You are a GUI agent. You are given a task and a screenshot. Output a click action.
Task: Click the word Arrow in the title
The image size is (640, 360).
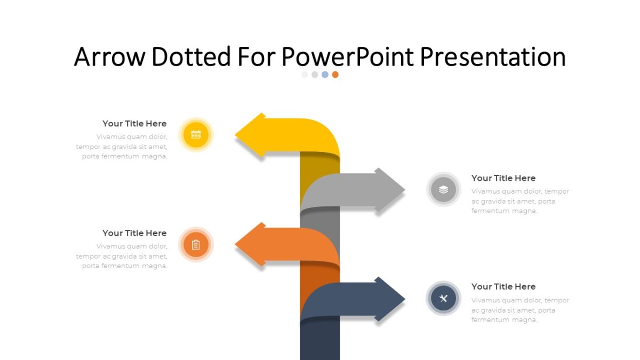[109, 57]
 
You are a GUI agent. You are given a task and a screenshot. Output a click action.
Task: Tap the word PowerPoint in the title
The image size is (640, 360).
[347, 57]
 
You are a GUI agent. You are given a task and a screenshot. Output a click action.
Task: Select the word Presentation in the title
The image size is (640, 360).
[493, 57]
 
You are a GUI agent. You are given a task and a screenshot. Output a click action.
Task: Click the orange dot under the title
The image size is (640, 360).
[335, 75]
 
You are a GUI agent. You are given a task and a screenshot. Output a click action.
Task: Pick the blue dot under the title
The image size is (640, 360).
[325, 75]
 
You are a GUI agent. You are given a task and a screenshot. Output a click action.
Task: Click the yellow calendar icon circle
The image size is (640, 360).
[196, 134]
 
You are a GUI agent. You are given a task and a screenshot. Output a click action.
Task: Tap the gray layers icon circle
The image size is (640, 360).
[443, 189]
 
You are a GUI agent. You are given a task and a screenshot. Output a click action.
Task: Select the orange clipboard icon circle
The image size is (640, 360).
[196, 245]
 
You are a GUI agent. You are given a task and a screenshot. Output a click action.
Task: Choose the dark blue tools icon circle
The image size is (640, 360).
[443, 298]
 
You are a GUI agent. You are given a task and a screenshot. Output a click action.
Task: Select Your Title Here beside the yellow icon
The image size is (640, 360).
[134, 124]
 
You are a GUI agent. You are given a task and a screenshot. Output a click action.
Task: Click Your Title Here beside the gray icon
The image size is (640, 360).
[503, 178]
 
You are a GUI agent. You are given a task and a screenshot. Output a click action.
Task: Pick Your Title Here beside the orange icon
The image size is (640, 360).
[134, 233]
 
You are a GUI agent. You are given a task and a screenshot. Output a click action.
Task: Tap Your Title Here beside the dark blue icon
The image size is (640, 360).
[503, 286]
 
